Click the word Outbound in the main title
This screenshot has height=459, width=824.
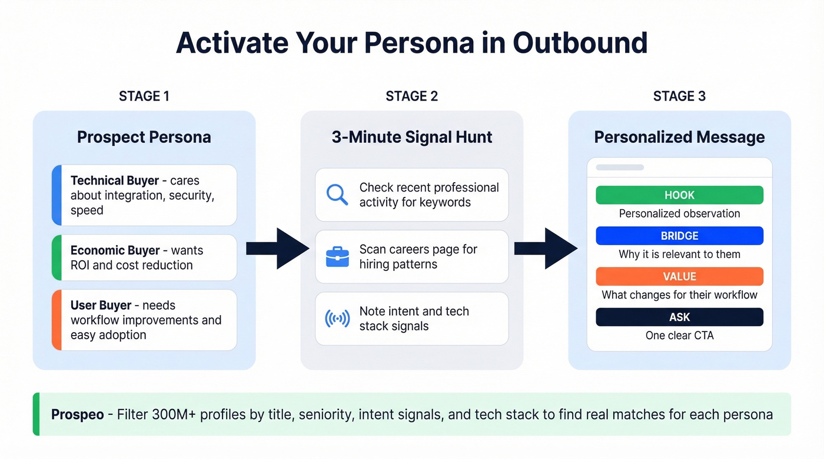point(580,43)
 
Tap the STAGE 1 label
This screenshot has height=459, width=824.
point(144,96)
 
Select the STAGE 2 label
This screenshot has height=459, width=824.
point(411,96)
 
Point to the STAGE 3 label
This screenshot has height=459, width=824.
point(679,96)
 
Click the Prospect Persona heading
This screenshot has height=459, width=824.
point(144,138)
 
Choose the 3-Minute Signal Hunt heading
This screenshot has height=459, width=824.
point(412,138)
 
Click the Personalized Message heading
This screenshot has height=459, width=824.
point(679,138)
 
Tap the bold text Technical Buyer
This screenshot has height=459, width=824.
point(115,181)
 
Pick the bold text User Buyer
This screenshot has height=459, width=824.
point(101,306)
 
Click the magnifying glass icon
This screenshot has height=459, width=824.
point(337,195)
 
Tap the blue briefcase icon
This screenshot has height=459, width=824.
point(337,257)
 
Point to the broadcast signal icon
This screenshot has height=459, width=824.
point(337,319)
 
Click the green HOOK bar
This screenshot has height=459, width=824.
point(679,195)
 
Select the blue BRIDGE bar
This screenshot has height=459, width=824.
point(679,236)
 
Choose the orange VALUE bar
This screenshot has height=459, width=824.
point(679,276)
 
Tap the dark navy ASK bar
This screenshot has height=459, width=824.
point(679,317)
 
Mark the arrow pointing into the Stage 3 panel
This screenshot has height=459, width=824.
point(546,249)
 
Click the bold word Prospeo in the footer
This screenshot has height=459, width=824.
point(78,414)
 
